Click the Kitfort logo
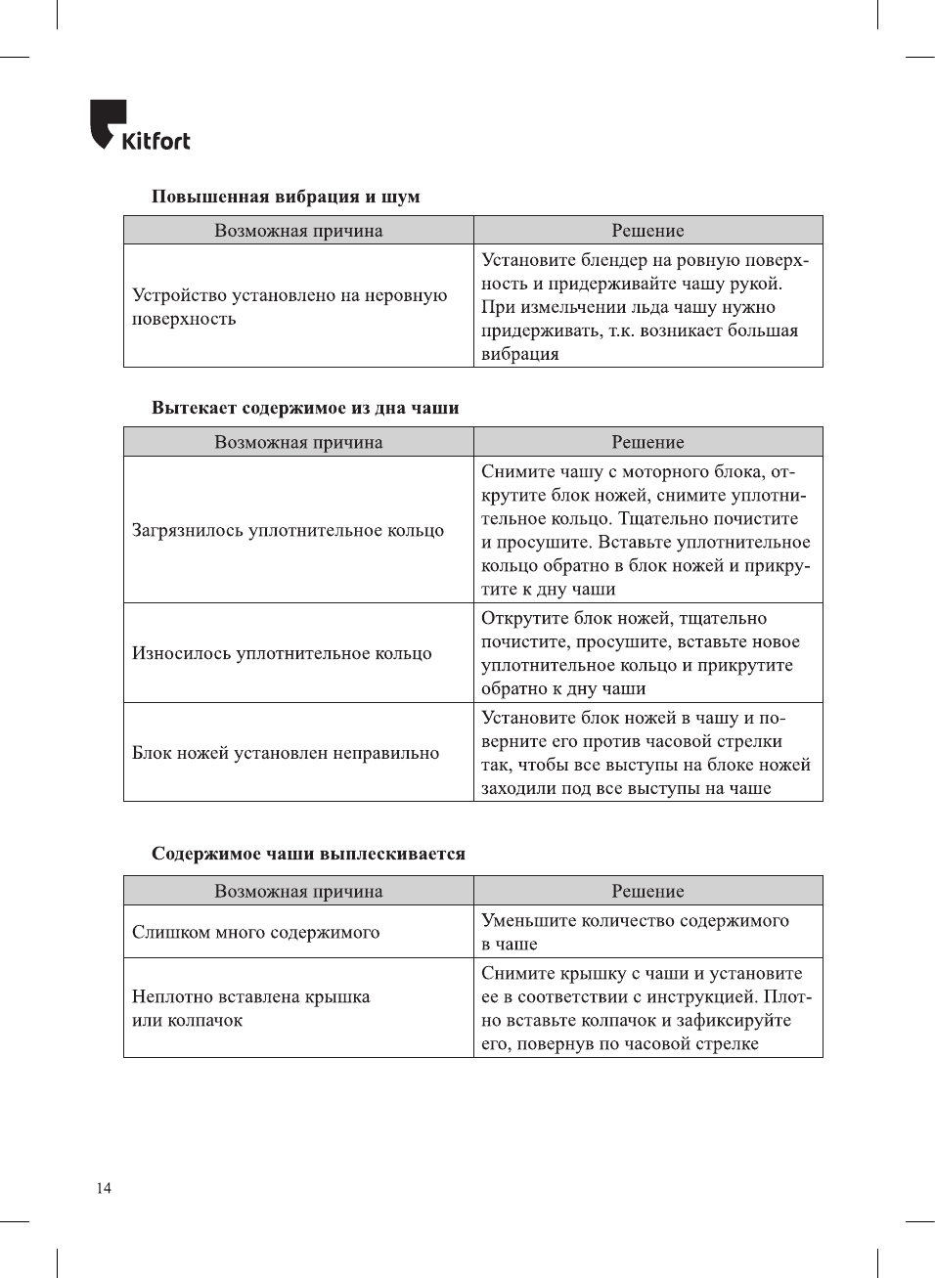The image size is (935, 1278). (139, 126)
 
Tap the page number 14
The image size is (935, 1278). (104, 1188)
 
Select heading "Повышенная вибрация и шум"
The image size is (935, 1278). (286, 197)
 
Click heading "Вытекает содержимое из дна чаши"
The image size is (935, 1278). (305, 408)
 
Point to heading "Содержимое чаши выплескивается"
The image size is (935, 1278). (308, 854)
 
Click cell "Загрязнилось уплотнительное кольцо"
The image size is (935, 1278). (289, 530)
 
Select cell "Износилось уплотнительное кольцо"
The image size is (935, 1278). (282, 653)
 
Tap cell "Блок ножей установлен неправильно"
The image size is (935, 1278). (286, 753)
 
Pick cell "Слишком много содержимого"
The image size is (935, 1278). (256, 932)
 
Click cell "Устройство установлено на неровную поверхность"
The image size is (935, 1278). (289, 306)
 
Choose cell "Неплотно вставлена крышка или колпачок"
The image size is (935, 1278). (251, 1008)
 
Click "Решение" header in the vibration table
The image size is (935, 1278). (647, 231)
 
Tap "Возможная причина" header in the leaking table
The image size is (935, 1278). (298, 442)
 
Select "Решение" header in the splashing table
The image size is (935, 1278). (647, 891)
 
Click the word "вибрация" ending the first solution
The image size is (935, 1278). (520, 354)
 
